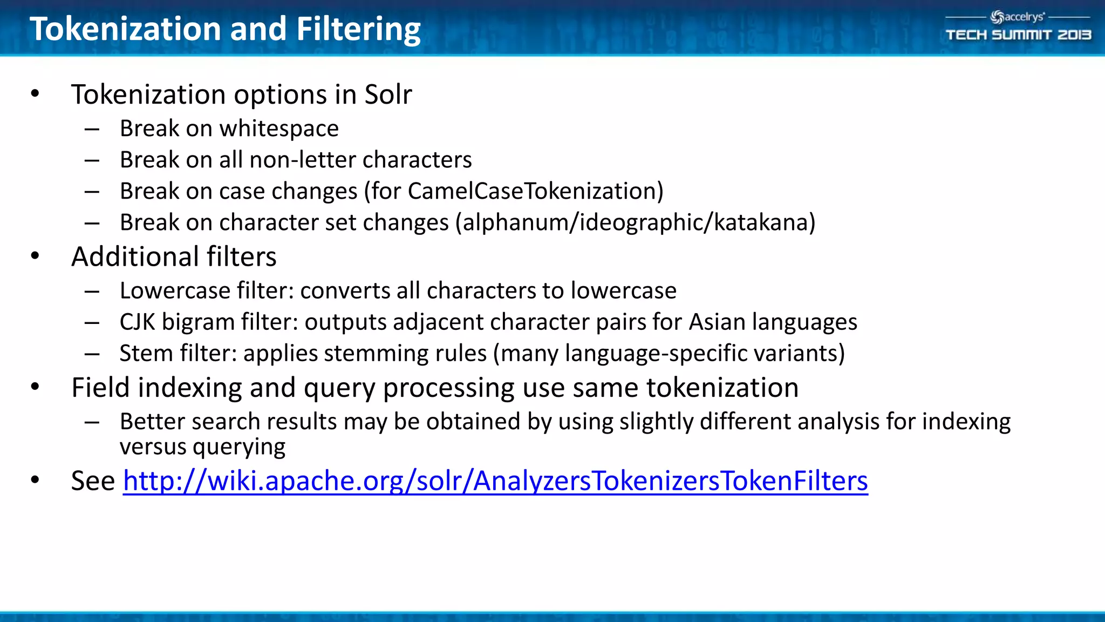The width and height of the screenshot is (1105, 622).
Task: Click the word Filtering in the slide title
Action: click(x=358, y=29)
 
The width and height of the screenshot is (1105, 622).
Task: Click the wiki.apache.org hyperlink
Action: click(x=495, y=481)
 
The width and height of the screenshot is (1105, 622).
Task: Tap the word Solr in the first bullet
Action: click(x=388, y=94)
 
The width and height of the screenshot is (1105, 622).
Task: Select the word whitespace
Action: click(x=279, y=129)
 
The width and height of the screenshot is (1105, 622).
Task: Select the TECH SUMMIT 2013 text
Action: click(x=1018, y=35)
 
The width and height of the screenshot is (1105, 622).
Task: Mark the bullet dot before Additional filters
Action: click(x=35, y=256)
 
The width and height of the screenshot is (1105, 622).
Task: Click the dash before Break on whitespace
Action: click(x=92, y=129)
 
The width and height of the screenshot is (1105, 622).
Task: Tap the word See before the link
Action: click(x=93, y=481)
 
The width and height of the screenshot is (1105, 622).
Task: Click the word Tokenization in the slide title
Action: click(x=125, y=29)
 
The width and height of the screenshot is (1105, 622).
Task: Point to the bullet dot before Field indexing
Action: click(x=35, y=387)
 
